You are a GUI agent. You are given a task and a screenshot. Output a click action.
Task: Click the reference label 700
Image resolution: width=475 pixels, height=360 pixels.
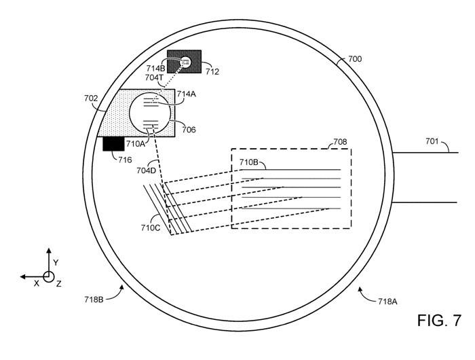point(355,59)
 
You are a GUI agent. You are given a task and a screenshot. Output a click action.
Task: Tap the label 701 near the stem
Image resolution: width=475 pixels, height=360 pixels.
point(432,141)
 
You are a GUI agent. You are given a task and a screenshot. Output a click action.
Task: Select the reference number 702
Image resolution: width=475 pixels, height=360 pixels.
point(91,98)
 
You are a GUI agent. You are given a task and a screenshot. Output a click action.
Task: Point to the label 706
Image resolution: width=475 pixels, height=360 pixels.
point(189,130)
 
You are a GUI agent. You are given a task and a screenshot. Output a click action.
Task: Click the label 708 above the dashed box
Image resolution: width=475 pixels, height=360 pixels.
point(340,142)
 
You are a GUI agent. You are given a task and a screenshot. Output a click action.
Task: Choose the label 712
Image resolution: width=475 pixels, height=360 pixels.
point(212,72)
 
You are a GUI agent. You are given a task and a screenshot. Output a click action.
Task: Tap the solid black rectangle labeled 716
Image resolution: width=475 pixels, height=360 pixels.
point(113,144)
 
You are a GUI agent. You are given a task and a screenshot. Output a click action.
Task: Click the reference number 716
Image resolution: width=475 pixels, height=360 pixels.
point(125,160)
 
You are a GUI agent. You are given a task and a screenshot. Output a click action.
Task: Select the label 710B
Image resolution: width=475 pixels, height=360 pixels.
point(249,162)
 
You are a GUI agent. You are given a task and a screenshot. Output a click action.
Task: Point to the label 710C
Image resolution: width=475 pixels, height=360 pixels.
point(151,228)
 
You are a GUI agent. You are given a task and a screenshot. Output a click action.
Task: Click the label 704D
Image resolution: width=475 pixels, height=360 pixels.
point(147,170)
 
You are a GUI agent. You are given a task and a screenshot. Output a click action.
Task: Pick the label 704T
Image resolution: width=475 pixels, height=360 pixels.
point(154,77)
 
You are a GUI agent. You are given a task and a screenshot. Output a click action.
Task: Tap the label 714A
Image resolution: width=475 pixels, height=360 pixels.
point(187,94)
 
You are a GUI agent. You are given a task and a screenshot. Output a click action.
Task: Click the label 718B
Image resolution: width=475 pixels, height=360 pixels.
point(94,300)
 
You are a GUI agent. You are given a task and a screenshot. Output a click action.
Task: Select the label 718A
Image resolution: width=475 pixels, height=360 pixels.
point(387,301)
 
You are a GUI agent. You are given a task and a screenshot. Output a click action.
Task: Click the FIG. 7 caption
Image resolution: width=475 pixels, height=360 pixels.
point(439,321)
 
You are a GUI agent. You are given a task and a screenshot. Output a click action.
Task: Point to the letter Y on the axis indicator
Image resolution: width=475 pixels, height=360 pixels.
point(56,263)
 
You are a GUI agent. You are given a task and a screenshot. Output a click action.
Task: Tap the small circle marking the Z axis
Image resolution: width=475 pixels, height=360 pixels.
point(48,276)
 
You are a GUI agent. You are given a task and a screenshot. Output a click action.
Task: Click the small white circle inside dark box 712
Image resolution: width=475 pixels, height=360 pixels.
point(186,62)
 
